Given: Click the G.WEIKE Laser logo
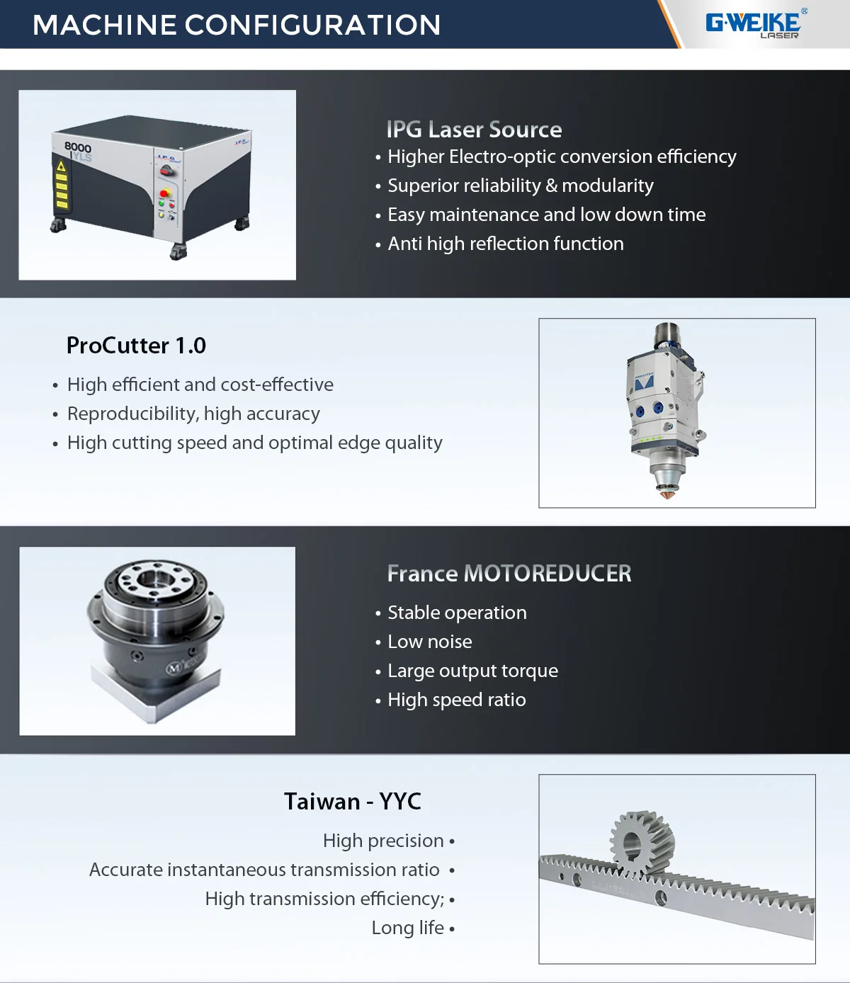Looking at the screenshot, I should pyautogui.click(x=755, y=24).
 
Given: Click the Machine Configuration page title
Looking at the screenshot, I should pyautogui.click(x=237, y=25).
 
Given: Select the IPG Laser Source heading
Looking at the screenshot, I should pyautogui.click(x=474, y=130).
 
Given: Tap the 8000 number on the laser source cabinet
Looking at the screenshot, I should pyautogui.click(x=78, y=147).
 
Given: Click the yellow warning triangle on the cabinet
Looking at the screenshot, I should pyautogui.click(x=61, y=167).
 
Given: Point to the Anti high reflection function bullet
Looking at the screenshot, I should pyautogui.click(x=505, y=244).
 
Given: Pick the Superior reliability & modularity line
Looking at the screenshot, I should pyautogui.click(x=520, y=186).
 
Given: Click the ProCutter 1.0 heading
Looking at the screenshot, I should pyautogui.click(x=136, y=346).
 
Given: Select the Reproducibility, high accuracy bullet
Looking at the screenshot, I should pyautogui.click(x=193, y=414).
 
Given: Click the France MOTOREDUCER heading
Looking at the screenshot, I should pyautogui.click(x=509, y=574).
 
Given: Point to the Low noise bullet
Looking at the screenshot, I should pyautogui.click(x=429, y=642).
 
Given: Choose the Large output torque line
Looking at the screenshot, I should pyautogui.click(x=472, y=671).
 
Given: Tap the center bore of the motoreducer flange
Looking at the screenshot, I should pyautogui.click(x=152, y=580).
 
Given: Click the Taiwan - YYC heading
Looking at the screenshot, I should pyautogui.click(x=352, y=802).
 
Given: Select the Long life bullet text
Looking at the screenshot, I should pyautogui.click(x=408, y=928).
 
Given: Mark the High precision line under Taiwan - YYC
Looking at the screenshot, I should pyautogui.click(x=383, y=841).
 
